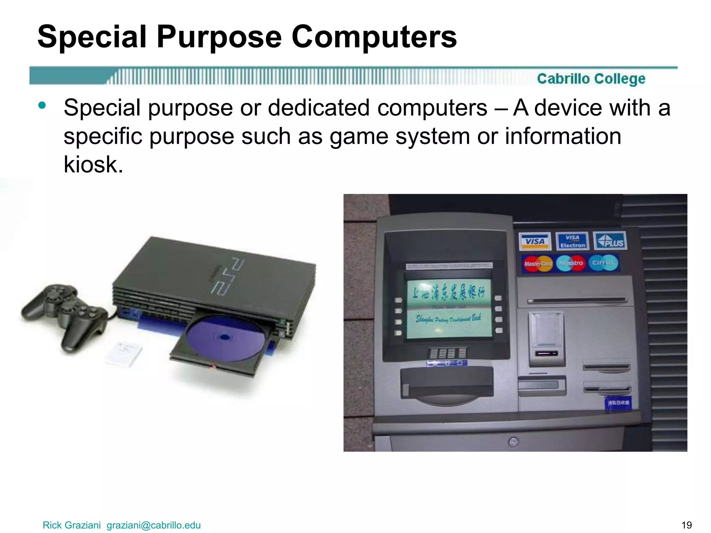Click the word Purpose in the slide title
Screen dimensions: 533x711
click(x=219, y=37)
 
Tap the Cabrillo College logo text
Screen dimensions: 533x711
click(x=591, y=79)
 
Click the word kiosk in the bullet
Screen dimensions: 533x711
click(x=93, y=164)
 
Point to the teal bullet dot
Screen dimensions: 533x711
click(x=42, y=105)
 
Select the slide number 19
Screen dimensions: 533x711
click(x=686, y=525)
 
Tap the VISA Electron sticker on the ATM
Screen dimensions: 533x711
click(x=572, y=241)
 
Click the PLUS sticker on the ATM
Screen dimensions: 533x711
click(x=610, y=241)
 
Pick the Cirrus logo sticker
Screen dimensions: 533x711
click(x=603, y=263)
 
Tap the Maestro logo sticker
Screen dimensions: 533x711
click(x=571, y=263)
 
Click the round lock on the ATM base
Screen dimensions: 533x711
click(x=513, y=442)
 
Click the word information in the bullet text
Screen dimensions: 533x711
click(x=563, y=136)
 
